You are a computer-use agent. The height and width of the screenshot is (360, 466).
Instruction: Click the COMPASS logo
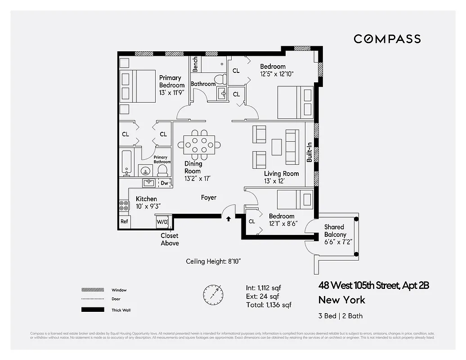point(387,39)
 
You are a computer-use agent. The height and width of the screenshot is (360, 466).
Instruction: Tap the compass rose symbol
point(213,294)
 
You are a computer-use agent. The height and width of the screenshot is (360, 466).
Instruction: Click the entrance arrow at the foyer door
point(229,219)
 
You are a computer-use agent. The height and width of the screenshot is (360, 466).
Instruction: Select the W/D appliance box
point(161,221)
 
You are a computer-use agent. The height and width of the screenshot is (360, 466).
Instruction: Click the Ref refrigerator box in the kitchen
point(124,221)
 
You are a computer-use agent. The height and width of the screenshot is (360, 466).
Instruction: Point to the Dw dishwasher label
point(165,183)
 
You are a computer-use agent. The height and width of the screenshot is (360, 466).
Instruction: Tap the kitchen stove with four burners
point(124,206)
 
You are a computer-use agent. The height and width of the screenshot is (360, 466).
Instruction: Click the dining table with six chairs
point(199,145)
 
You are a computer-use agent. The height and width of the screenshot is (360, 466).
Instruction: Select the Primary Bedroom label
point(171,81)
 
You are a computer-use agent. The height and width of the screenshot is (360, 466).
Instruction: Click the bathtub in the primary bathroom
point(126,162)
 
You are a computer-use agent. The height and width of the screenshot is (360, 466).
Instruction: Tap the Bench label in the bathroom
point(195,64)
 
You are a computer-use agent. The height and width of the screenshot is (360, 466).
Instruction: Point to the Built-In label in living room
point(309,153)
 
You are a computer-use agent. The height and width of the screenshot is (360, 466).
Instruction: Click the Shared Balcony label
point(335,231)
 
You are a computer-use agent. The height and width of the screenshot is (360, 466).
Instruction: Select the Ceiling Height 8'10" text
point(216,261)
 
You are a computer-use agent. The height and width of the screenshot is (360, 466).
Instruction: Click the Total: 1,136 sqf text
point(269,305)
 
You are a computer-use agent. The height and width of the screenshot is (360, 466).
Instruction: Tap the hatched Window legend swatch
point(90,290)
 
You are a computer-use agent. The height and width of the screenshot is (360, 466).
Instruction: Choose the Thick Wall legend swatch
point(90,310)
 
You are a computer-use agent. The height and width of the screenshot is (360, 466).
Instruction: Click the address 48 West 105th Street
point(373,285)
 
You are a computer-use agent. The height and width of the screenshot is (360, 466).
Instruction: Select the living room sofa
point(292,147)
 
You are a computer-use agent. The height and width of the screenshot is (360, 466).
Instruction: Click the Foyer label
point(208,198)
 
